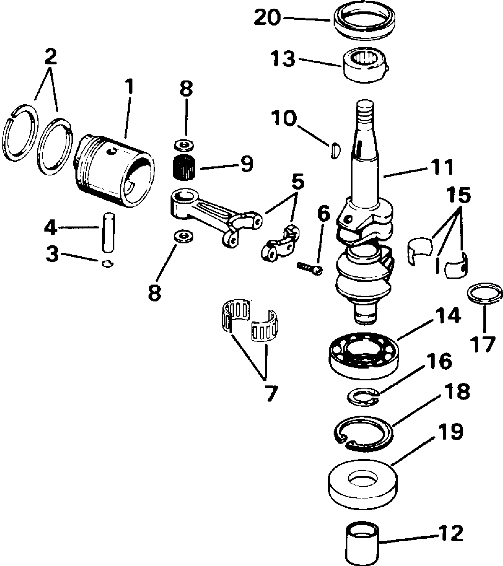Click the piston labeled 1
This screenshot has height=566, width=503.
114,171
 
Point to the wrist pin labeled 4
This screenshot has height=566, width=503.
107,232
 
